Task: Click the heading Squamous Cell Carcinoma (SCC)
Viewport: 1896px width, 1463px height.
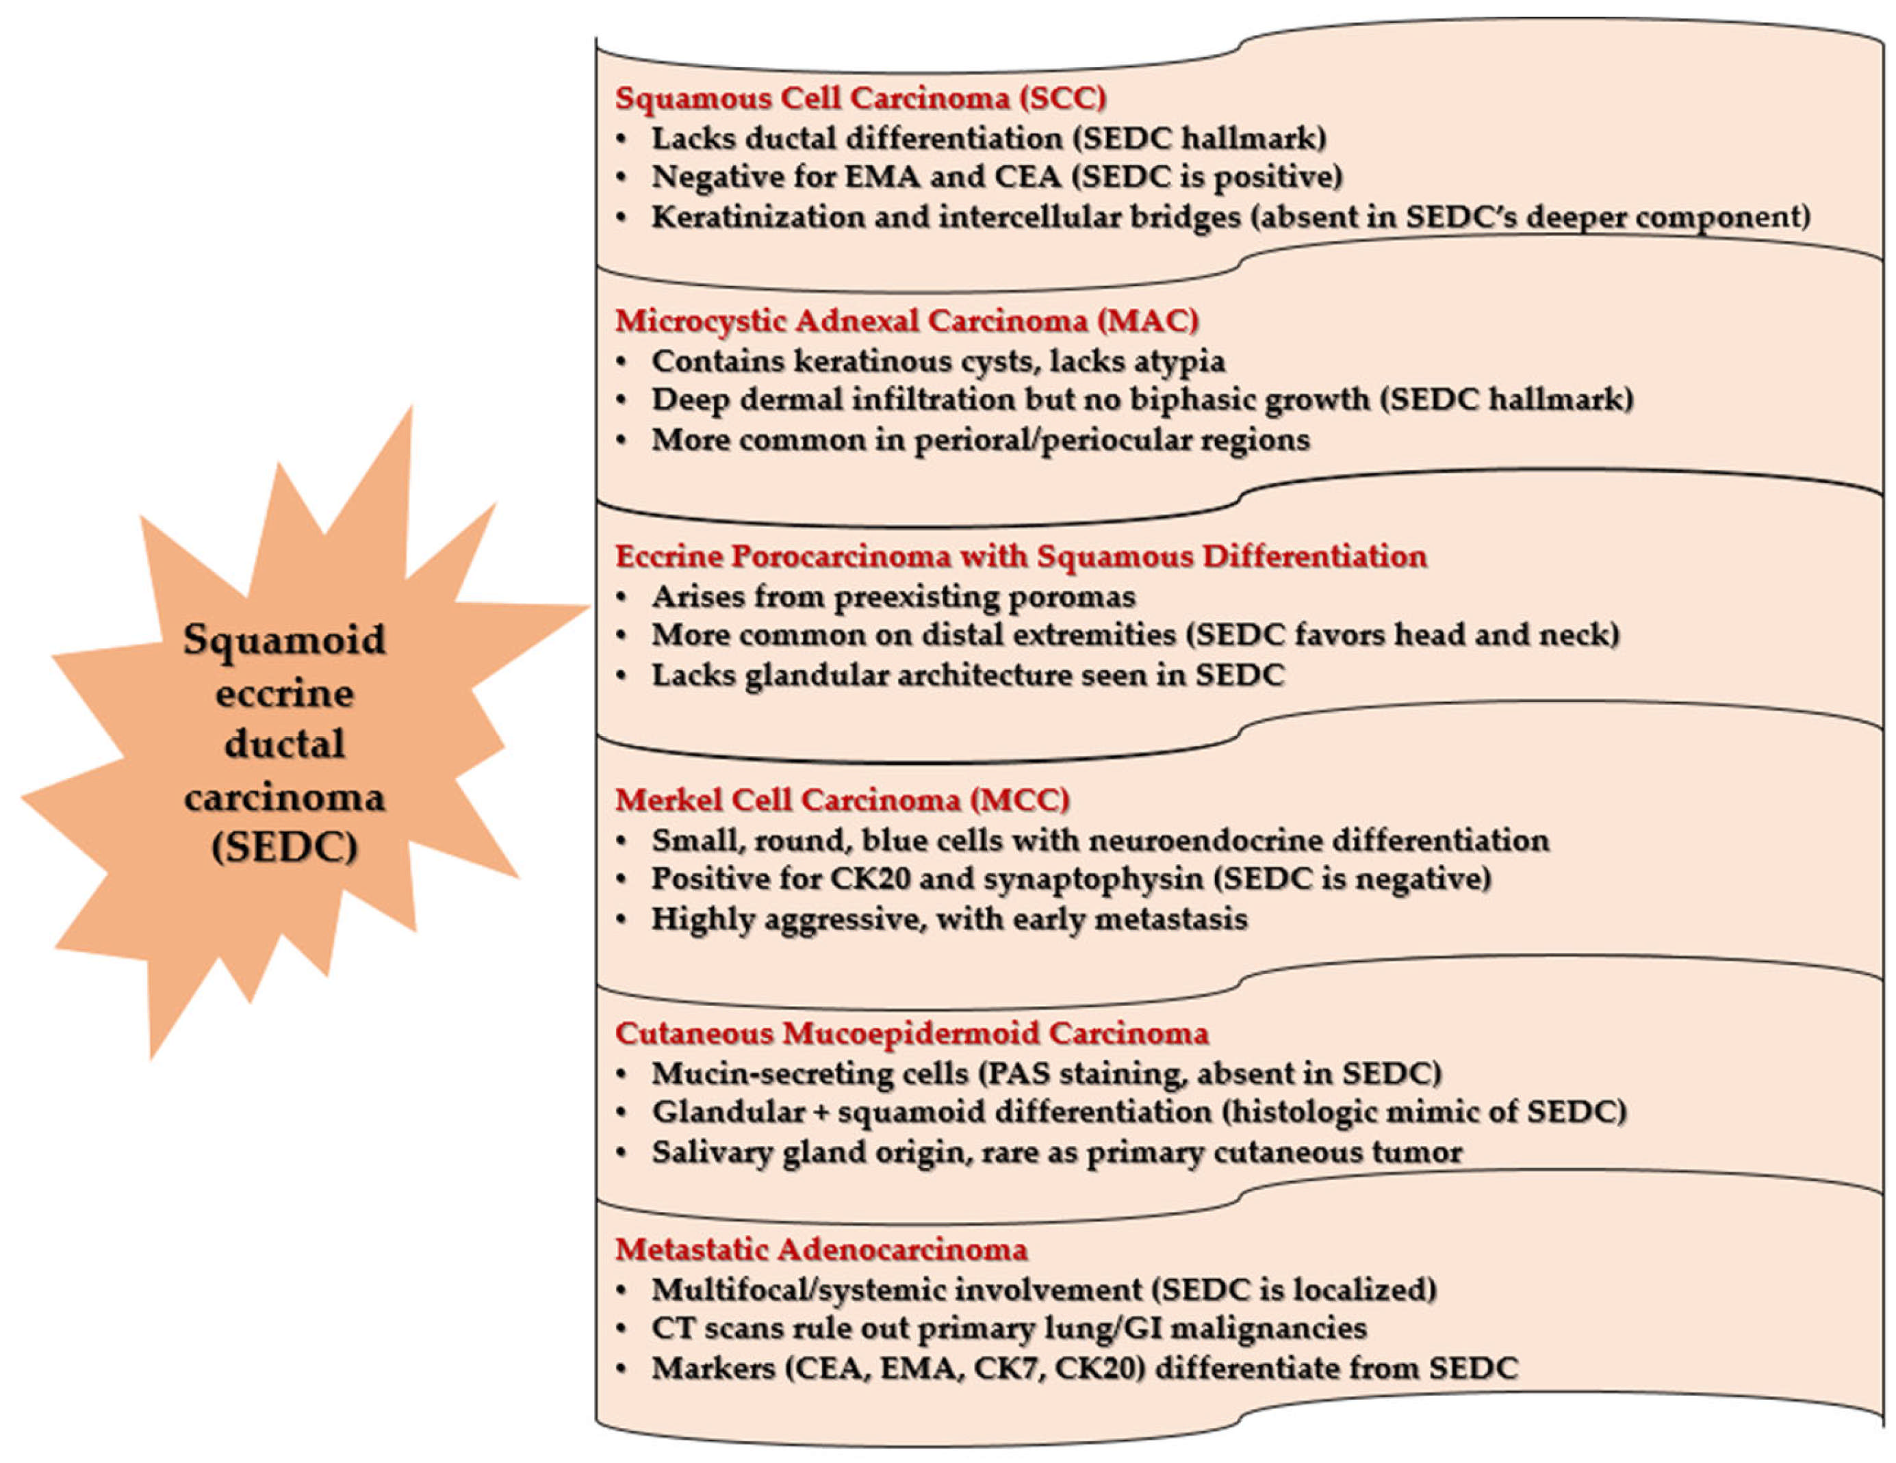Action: click(x=860, y=98)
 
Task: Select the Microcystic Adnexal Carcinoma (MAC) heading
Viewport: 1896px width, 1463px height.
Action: click(x=907, y=321)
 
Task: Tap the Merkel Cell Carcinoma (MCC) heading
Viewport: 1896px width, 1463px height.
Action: click(x=842, y=799)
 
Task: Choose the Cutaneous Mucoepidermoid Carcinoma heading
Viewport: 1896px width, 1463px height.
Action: click(x=912, y=1033)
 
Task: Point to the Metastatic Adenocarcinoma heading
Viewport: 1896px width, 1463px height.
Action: click(x=821, y=1250)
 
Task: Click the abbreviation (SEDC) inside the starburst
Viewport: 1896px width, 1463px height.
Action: click(x=285, y=847)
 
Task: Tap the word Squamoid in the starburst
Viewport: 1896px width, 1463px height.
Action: click(x=285, y=640)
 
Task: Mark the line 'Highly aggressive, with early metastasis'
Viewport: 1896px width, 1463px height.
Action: click(x=949, y=918)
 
